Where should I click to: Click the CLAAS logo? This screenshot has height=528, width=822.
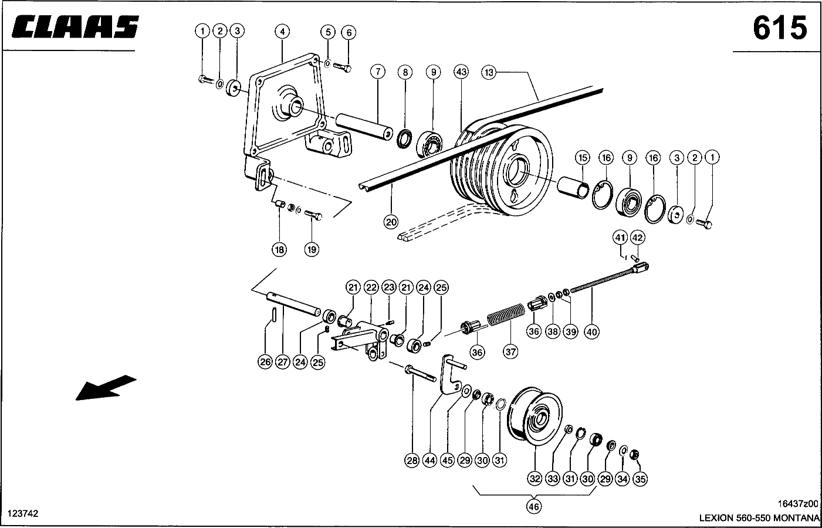pos(75,27)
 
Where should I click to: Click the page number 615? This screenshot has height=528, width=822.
pos(780,28)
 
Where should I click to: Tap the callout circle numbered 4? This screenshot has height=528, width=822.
pos(282,32)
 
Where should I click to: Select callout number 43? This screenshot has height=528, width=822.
pos(461,72)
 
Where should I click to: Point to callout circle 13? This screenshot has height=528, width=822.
pos(489,72)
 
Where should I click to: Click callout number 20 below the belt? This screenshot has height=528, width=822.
pos(391,222)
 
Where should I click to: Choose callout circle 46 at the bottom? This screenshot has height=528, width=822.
pos(533,507)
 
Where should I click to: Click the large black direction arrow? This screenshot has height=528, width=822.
pos(106,387)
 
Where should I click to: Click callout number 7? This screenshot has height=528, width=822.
pos(378,72)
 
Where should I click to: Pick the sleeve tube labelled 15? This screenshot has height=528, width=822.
pos(573,188)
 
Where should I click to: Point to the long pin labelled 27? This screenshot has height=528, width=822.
pos(293,303)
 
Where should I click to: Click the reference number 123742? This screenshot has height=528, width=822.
pos(23,514)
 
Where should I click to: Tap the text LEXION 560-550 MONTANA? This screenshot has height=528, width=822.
pos(759,518)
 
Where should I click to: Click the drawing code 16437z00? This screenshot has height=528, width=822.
pos(798,503)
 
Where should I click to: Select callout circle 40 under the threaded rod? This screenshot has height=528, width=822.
pos(591,332)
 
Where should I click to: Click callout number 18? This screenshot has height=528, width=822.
pos(279,250)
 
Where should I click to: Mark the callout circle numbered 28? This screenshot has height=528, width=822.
pos(412,460)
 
